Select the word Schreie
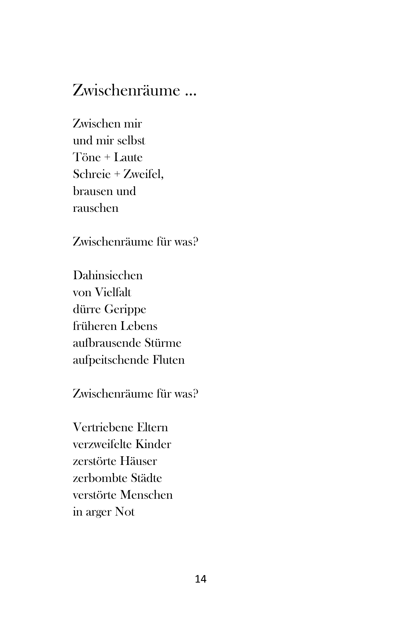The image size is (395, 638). (x=92, y=174)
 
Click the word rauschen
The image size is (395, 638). (x=96, y=208)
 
